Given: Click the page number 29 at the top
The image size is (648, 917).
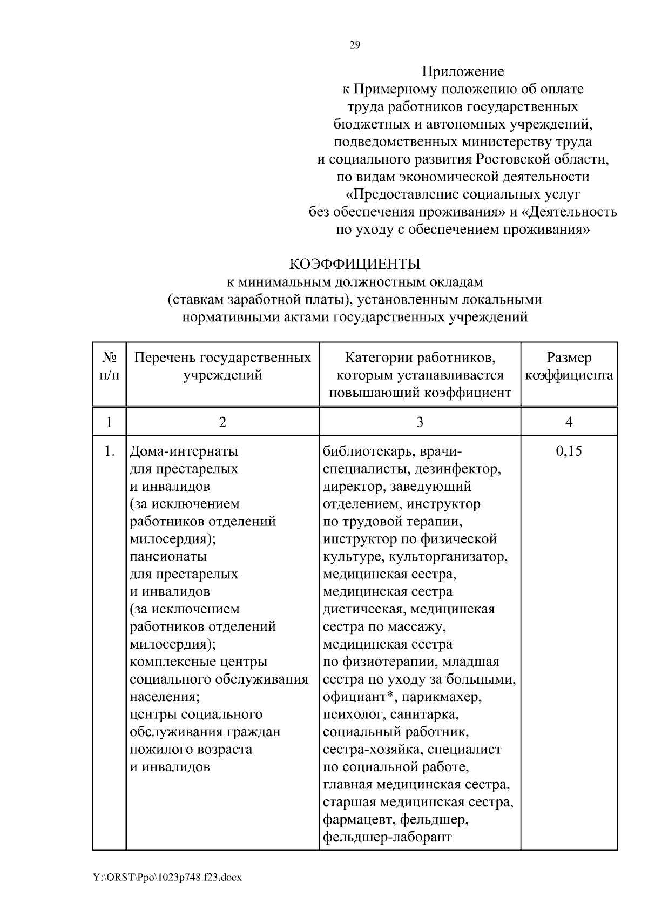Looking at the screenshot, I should pyautogui.click(x=355, y=45).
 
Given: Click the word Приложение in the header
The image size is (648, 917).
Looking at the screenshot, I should pyautogui.click(x=463, y=71).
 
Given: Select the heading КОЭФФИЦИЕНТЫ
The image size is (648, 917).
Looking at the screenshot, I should pyautogui.click(x=355, y=264).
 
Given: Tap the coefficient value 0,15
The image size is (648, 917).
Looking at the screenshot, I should pyautogui.click(x=569, y=451).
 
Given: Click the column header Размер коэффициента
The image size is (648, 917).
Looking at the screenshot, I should pyautogui.click(x=569, y=367).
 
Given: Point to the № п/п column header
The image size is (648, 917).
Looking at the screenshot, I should pyautogui.click(x=110, y=367).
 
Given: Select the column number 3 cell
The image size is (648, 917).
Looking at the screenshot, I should pyautogui.click(x=420, y=422).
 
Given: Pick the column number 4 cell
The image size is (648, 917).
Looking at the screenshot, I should pyautogui.click(x=569, y=422).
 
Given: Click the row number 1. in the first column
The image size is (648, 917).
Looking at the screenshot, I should pyautogui.click(x=110, y=451).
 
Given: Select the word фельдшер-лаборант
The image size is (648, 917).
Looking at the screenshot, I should pyautogui.click(x=387, y=837).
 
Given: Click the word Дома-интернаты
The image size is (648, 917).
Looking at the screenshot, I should pyautogui.click(x=184, y=451).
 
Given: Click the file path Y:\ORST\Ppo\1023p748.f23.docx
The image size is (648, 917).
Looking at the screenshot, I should pyautogui.click(x=167, y=878).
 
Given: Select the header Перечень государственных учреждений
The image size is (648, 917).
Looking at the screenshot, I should pyautogui.click(x=222, y=367).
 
